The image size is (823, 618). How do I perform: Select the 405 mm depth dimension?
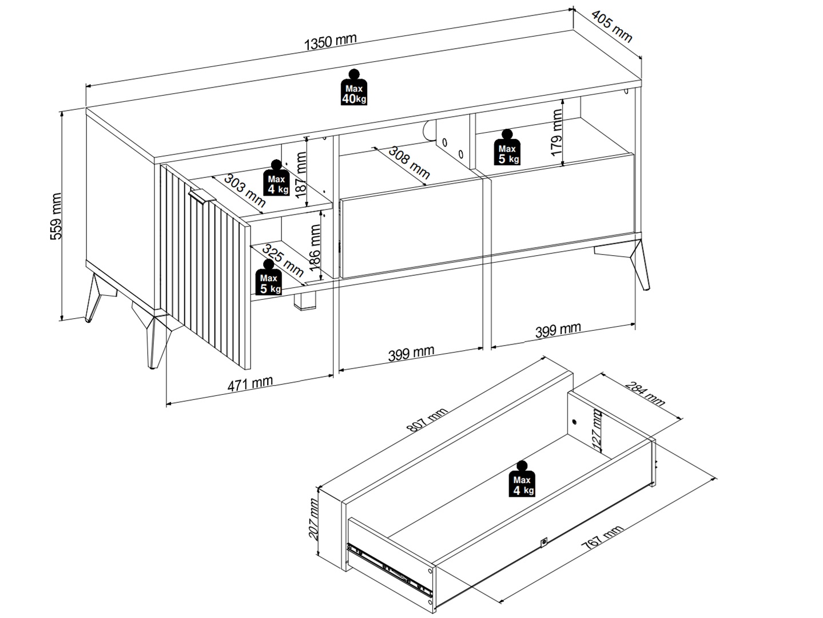612,27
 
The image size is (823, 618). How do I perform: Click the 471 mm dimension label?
250,383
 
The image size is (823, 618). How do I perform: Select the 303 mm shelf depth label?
244,190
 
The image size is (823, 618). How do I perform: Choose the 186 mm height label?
315,246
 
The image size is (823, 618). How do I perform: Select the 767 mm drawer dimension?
602,539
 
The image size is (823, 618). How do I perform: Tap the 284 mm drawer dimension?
645,394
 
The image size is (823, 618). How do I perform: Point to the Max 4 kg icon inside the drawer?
522,480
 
